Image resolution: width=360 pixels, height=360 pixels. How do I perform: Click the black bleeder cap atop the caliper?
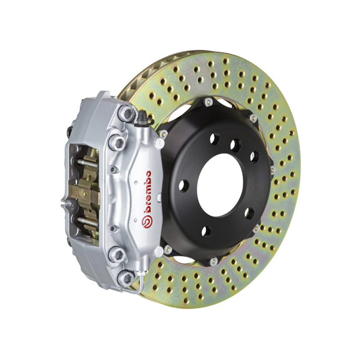point(143,118)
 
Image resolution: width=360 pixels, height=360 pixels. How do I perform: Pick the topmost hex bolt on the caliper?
point(129,114)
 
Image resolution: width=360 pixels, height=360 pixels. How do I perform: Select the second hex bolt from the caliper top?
point(119,142)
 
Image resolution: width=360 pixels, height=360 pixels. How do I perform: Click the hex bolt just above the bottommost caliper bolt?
point(119,254)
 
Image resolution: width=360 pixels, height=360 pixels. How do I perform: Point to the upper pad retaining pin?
point(86,161)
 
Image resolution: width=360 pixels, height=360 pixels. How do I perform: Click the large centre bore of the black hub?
point(220,184)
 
